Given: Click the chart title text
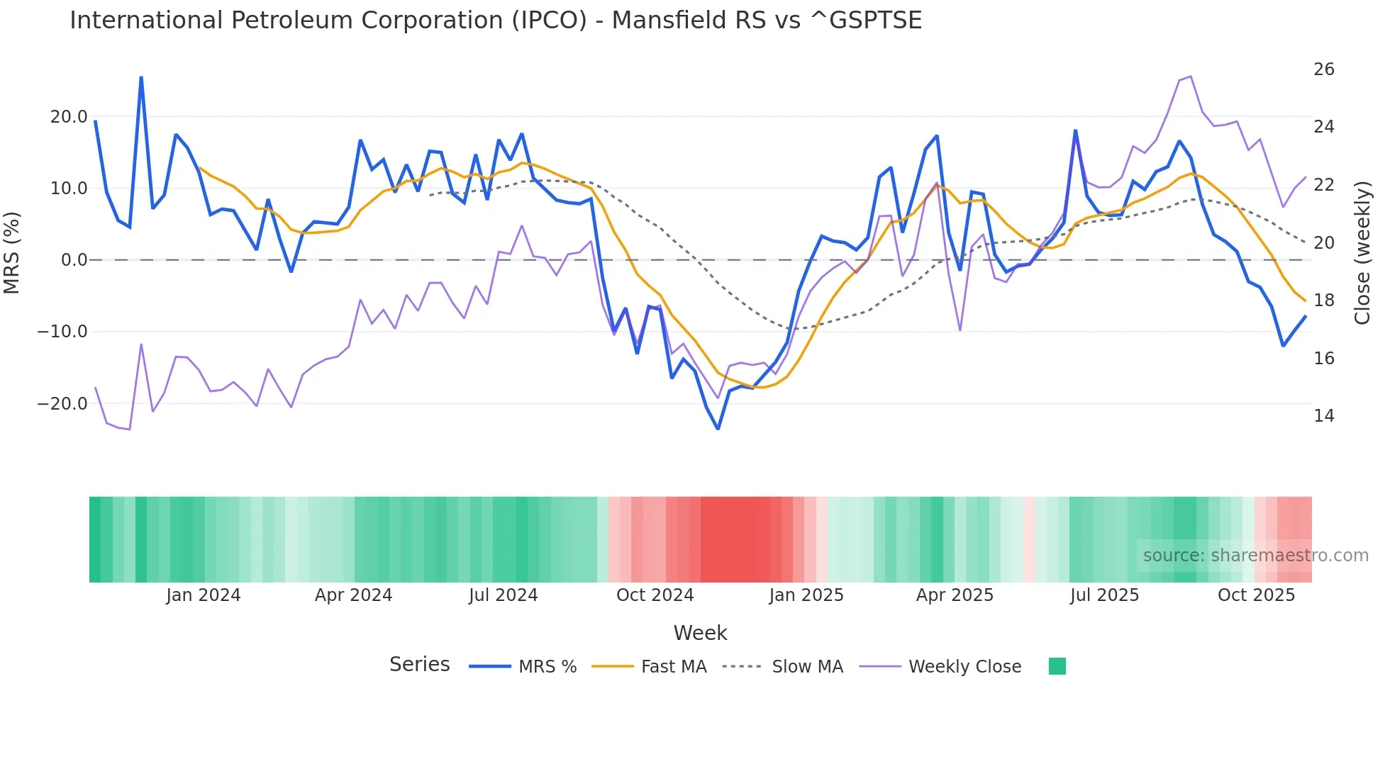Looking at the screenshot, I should [495, 21].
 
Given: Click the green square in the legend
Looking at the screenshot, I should [1057, 666].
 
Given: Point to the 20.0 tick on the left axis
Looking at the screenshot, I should [69, 117].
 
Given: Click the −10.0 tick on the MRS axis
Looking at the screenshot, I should [62, 332].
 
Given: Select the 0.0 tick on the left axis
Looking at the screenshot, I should [74, 260].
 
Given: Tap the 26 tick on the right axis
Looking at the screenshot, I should [1323, 69].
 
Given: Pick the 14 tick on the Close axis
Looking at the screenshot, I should [1323, 416].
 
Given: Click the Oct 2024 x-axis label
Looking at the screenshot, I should [655, 595].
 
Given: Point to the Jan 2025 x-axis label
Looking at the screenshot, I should [806, 595].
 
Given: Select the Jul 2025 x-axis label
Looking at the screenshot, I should [1104, 595].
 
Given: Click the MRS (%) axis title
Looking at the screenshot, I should [12, 253].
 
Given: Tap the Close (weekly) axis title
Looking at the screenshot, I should [1362, 253].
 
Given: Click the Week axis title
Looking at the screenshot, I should [700, 633].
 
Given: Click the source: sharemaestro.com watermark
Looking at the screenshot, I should [1255, 556].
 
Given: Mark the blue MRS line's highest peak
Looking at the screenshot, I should [141, 77].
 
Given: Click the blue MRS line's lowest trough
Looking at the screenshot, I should [718, 429].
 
